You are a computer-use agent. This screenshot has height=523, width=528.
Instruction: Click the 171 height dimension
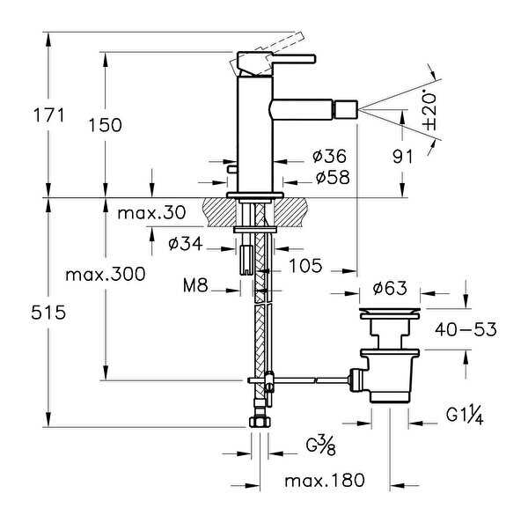pyautogui.click(x=48, y=115)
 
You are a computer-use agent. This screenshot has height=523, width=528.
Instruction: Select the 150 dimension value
pyautogui.click(x=105, y=125)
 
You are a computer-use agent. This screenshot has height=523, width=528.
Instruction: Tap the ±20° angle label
pyautogui.click(x=430, y=110)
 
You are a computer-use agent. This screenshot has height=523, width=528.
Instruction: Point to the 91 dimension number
pyautogui.click(x=403, y=157)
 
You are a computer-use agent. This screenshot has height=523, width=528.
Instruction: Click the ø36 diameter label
pyautogui.click(x=329, y=156)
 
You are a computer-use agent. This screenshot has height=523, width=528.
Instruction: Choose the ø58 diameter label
pyautogui.click(x=333, y=177)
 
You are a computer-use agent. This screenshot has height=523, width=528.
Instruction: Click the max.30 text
pyautogui.click(x=151, y=213)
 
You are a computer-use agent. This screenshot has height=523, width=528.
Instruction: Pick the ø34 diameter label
pyautogui.click(x=186, y=243)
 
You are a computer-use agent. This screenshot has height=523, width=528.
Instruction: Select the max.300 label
pyautogui.click(x=106, y=275)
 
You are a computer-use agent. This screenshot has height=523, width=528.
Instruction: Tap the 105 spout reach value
pyautogui.click(x=305, y=266)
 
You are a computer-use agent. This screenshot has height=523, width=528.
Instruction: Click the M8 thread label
pyautogui.click(x=195, y=286)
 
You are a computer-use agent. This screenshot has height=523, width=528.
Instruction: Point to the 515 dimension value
pyautogui.click(x=48, y=313)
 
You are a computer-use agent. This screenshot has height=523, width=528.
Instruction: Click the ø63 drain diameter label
pyautogui.click(x=390, y=288)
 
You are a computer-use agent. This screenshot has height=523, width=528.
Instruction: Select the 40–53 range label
pyautogui.click(x=466, y=329)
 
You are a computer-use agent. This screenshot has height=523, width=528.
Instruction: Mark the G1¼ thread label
pyautogui.click(x=465, y=416)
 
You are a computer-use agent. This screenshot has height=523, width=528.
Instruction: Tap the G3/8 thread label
pyautogui.click(x=320, y=446)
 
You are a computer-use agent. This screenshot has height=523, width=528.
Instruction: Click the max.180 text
pyautogui.click(x=325, y=480)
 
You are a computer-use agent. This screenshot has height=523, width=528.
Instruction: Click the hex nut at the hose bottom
pyautogui.click(x=260, y=422)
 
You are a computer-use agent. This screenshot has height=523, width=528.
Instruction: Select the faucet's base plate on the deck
pyautogui.click(x=255, y=195)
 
